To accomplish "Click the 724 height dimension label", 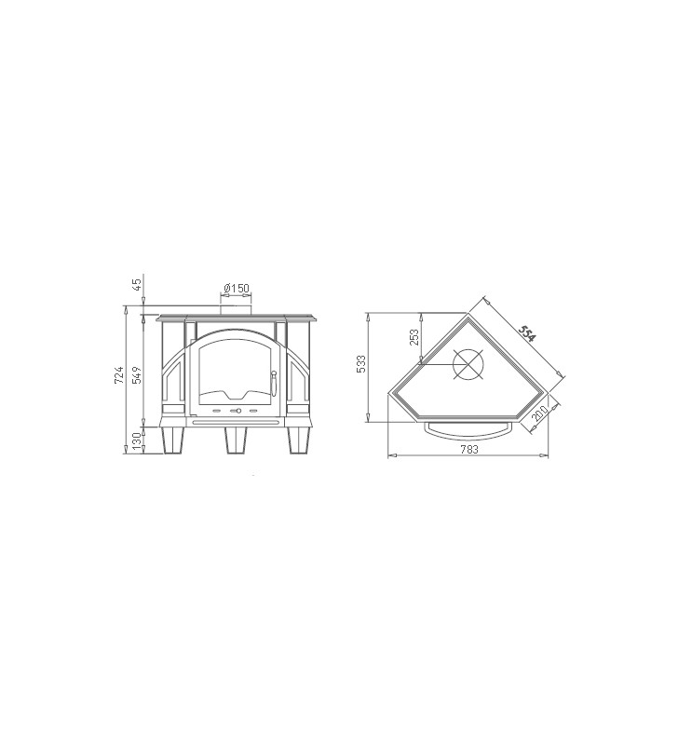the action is pos(119,375).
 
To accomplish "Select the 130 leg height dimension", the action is pos(137,441).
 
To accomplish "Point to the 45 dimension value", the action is pos(137,285).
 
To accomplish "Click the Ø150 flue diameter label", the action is pos(237,289).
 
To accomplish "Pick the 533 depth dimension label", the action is pos(361,364).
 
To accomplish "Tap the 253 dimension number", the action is pos(414,338).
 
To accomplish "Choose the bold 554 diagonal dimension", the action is pos(527,334).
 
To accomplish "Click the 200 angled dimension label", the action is pos(539,413).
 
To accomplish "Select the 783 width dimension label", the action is pos(469,449).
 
